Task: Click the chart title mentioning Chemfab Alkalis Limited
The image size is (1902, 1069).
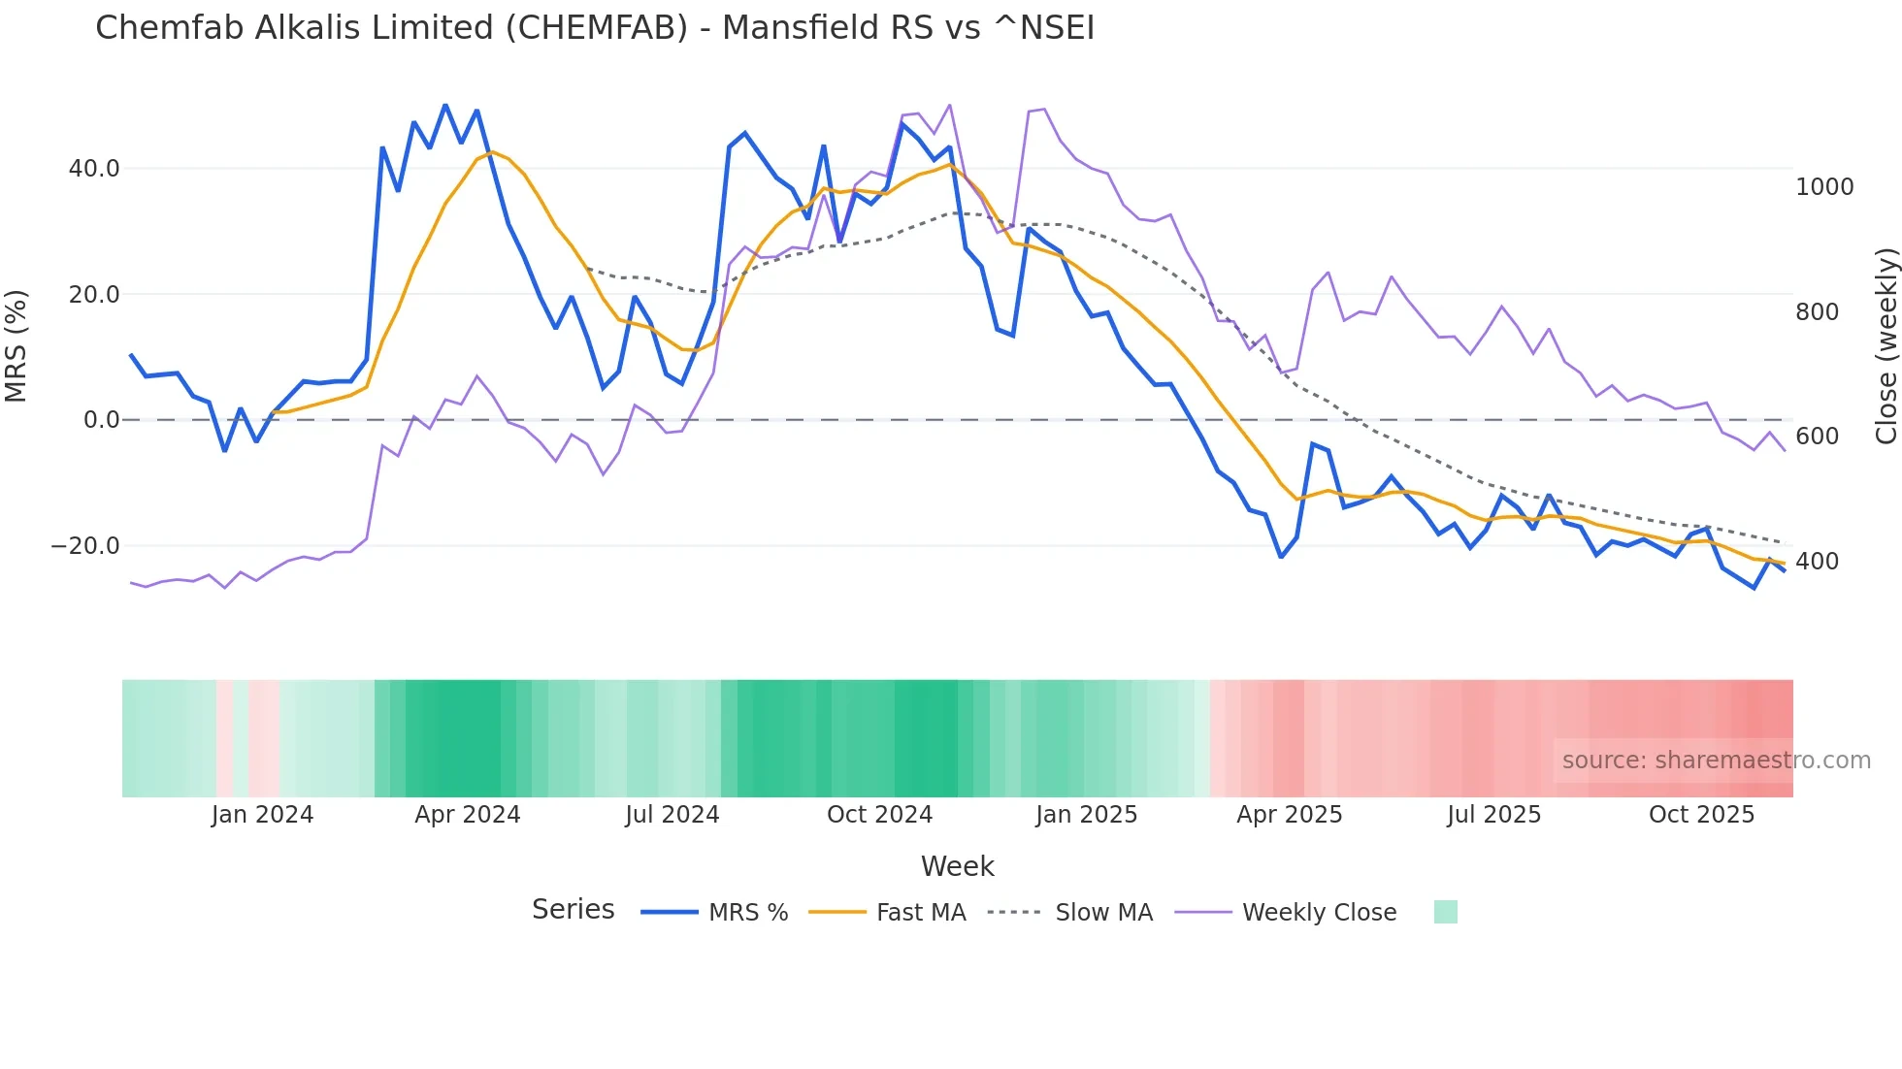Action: click(594, 28)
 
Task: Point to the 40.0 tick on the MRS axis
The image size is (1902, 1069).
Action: click(94, 169)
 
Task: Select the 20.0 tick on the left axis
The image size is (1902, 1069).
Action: click(94, 295)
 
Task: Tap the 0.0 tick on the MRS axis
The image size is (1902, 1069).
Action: click(101, 420)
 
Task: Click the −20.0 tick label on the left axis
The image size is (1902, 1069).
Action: click(85, 546)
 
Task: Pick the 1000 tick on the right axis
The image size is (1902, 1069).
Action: click(1824, 187)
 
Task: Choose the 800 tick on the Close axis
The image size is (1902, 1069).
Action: click(1818, 312)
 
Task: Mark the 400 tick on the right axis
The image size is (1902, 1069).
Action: click(1818, 562)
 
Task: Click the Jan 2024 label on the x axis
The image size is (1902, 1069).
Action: click(262, 815)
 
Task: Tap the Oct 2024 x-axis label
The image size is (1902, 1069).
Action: click(879, 815)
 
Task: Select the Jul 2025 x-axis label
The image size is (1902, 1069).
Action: click(1493, 815)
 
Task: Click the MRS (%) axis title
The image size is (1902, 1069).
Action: click(16, 346)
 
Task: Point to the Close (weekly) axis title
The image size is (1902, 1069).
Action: click(1886, 346)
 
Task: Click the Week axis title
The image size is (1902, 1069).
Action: click(957, 866)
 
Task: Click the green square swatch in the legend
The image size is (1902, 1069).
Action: click(1445, 912)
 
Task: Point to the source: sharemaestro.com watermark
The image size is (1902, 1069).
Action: click(1716, 761)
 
